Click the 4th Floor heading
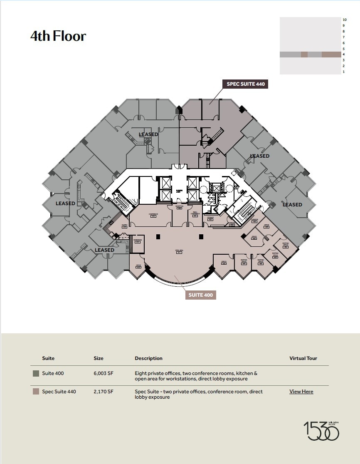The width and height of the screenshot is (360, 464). (x=58, y=36)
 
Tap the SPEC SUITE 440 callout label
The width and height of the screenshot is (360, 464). (x=245, y=84)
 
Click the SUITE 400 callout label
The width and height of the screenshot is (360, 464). (x=201, y=295)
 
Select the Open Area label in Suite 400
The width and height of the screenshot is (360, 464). (x=179, y=251)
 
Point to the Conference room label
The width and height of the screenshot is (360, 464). (x=153, y=215)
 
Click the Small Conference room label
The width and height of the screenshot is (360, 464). (x=195, y=214)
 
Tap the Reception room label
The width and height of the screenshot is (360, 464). (x=179, y=207)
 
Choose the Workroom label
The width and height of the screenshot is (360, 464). (x=138, y=241)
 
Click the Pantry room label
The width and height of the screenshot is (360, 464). (x=124, y=226)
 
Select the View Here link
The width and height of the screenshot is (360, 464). (x=301, y=392)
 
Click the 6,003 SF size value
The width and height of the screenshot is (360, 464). (x=104, y=374)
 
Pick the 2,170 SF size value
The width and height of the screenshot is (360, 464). (x=104, y=392)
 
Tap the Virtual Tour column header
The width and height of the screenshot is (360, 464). (x=303, y=358)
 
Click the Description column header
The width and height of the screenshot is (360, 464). (x=148, y=358)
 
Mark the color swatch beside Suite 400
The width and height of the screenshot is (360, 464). (x=36, y=374)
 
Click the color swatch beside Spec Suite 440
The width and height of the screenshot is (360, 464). (x=36, y=392)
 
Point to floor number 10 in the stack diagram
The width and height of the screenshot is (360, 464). (x=344, y=20)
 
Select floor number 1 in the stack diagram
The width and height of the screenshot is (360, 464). (x=344, y=72)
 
